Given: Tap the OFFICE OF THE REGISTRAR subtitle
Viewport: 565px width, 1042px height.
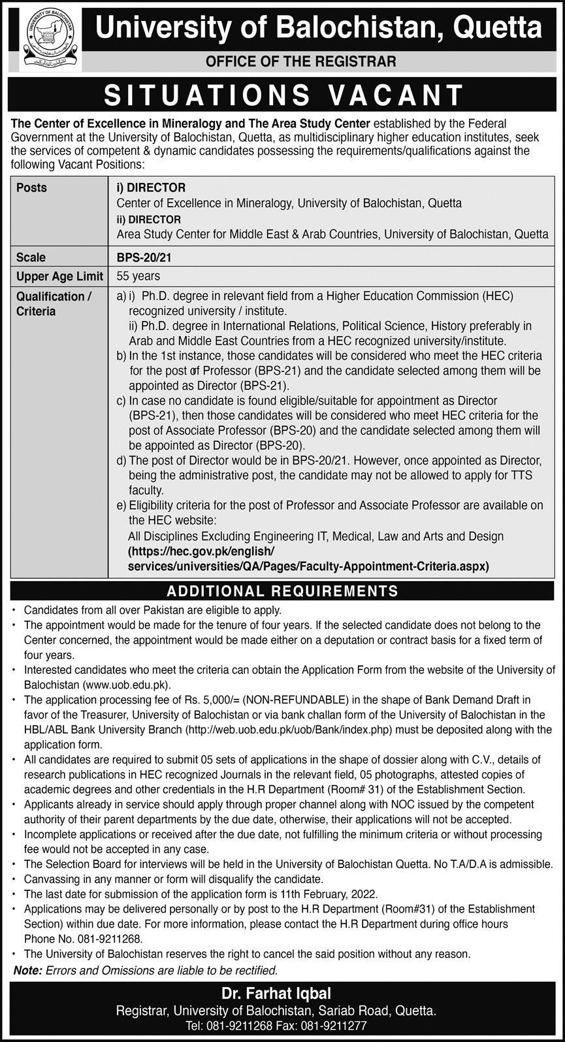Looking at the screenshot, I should click(301, 61).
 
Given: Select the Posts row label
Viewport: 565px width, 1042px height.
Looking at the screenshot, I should click(32, 188).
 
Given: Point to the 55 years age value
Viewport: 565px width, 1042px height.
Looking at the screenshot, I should click(138, 276).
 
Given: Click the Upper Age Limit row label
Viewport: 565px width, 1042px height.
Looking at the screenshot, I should click(59, 276).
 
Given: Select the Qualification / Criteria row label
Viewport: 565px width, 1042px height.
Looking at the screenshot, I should click(54, 303).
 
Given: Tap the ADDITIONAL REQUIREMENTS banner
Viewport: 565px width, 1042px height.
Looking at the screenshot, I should click(282, 591).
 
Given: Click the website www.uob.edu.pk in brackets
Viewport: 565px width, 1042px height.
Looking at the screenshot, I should click(127, 685).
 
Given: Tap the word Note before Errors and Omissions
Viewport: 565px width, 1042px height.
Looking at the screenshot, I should click(27, 970).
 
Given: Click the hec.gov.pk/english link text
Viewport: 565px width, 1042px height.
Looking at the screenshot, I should click(202, 551).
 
